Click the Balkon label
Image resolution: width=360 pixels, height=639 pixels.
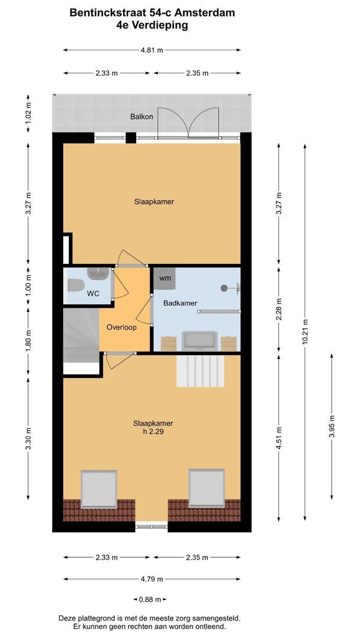coord(142,117)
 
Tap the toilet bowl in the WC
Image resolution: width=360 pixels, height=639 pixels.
coord(75,286)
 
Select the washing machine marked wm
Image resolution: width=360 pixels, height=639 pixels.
coord(165,278)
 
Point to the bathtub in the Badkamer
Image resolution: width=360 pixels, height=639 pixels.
coord(200,341)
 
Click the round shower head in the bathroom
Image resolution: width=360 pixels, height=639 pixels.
coord(224,288)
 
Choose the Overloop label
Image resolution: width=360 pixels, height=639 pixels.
coord(121,327)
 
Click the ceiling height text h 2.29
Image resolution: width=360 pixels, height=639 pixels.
coord(153,431)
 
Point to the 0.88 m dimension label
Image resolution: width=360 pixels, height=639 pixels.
coord(150,599)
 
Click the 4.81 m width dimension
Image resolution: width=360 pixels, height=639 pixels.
coord(152,50)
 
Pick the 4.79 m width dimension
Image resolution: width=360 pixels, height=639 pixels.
coord(152,579)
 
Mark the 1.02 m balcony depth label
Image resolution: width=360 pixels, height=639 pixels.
coord(28,114)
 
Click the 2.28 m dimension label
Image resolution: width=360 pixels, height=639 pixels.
coord(279,308)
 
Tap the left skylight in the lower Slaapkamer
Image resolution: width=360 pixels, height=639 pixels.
coord(99,488)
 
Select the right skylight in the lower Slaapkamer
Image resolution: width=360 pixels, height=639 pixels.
coord(207,488)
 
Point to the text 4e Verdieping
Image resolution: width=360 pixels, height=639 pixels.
coord(152,25)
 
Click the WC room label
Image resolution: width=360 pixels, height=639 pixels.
coord(93,293)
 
